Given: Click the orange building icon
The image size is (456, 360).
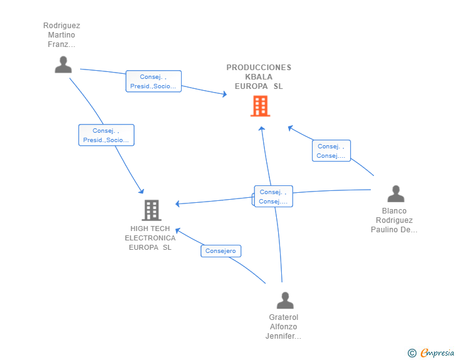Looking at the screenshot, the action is click(x=261, y=106).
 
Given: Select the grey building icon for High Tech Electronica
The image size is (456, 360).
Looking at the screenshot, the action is click(x=152, y=210).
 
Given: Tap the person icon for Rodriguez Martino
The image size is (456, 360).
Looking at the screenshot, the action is click(x=63, y=64).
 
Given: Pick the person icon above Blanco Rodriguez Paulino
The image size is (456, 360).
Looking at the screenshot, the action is click(x=396, y=193).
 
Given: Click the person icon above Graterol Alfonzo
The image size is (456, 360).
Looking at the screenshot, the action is click(x=285, y=300).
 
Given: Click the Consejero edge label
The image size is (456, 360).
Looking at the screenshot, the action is click(x=220, y=251).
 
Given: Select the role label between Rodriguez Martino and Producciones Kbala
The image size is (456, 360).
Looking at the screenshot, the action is click(x=153, y=81).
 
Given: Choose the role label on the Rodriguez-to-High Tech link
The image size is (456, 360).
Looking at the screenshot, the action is click(x=106, y=135).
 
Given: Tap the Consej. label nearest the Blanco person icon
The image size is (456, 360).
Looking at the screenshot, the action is click(x=331, y=151).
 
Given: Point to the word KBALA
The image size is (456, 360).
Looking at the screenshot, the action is click(x=259, y=77).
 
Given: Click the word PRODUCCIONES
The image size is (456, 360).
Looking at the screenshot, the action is click(x=259, y=68).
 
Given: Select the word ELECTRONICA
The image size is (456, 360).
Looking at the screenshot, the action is click(x=150, y=238).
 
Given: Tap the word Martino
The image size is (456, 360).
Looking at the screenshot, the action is click(x=61, y=35).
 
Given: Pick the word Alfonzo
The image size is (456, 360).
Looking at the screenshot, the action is click(x=284, y=327).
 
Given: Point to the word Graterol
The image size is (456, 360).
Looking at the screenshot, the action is click(x=284, y=317).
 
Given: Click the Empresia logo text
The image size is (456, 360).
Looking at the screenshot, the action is click(x=437, y=352).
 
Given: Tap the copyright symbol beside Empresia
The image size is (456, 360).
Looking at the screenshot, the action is click(x=412, y=353).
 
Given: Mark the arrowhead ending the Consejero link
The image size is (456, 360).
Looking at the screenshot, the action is click(x=178, y=231).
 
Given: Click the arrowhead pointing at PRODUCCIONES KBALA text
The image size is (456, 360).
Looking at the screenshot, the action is click(x=224, y=94).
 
